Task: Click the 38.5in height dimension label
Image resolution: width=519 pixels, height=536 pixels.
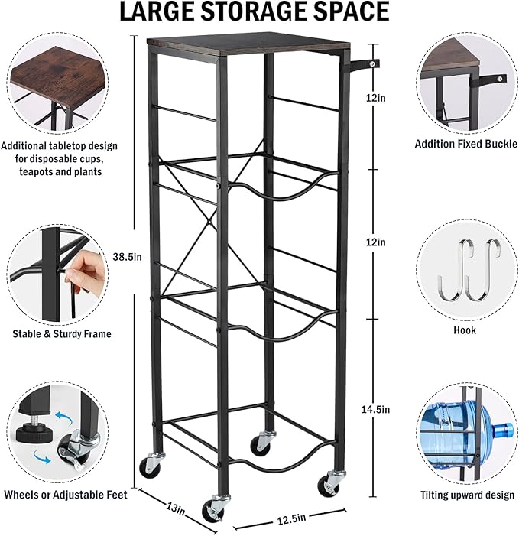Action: coord(127,257)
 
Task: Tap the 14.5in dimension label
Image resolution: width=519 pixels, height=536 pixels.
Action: coord(375,409)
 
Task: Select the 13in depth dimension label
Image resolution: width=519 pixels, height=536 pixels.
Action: coord(176,508)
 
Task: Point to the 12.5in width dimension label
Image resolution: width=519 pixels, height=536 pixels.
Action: coord(291,518)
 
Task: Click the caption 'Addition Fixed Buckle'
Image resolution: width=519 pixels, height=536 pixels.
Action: coord(466,144)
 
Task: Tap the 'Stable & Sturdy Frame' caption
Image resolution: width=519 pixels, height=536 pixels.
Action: coord(62,334)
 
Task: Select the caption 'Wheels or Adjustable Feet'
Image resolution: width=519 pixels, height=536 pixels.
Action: coord(65,494)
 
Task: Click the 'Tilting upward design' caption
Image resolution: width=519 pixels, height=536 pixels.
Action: coord(467,495)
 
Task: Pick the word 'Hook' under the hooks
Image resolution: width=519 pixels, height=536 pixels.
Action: coord(465,330)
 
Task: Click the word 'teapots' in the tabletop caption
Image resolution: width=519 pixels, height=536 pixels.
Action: coord(35,171)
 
